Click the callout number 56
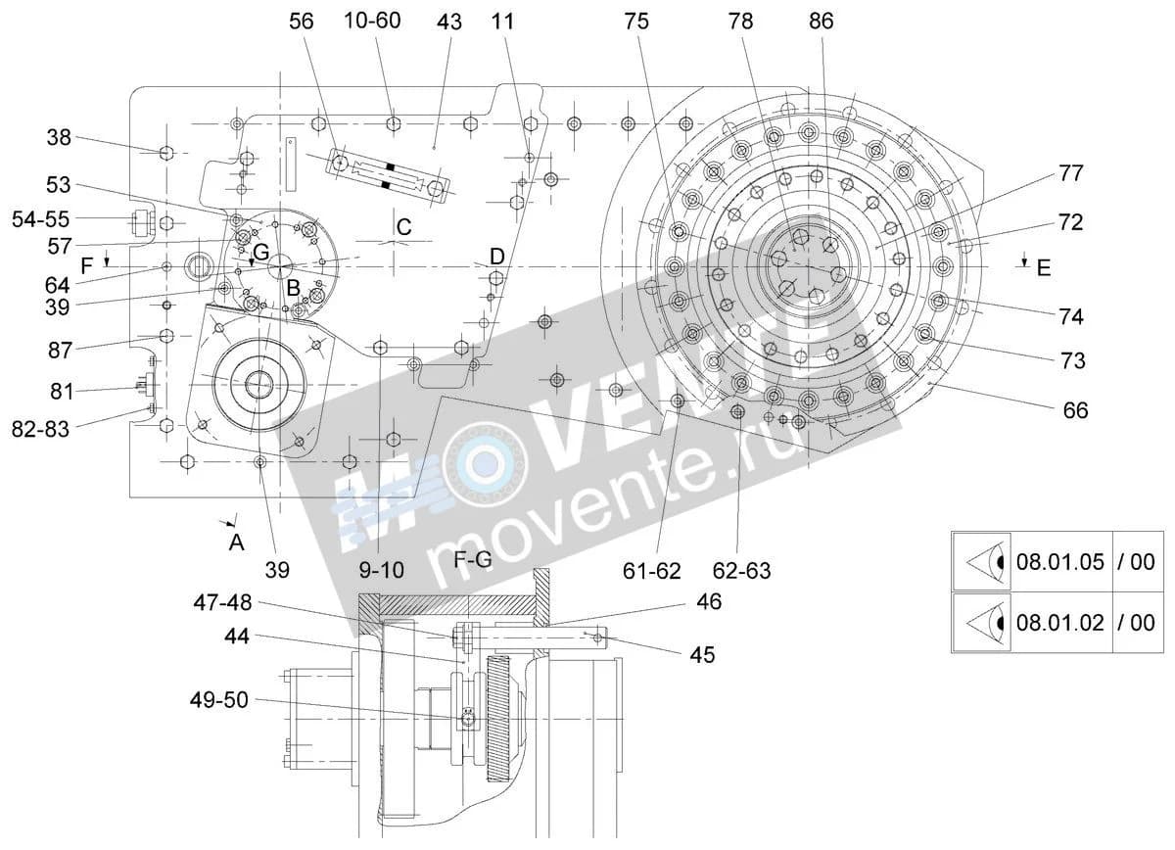coord(302,22)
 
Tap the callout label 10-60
coord(372,21)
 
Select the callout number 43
coord(449,23)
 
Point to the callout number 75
coord(636,22)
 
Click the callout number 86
coord(821,22)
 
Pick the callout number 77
coord(1070,173)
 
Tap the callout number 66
coord(1075,410)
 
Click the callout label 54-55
coord(40,219)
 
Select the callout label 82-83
coord(40,429)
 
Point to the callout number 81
coord(62,392)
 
